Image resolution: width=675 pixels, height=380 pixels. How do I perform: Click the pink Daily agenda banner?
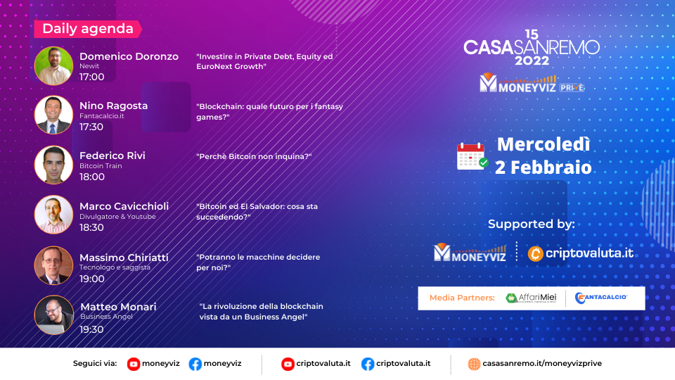click(x=88, y=29)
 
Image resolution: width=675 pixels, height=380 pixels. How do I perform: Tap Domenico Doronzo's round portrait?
click(x=54, y=66)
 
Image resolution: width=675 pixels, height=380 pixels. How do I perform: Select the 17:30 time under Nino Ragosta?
click(x=91, y=127)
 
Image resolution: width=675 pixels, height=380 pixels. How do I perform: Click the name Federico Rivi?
click(x=112, y=156)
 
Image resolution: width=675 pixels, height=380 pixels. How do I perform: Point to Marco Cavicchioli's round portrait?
click(x=54, y=215)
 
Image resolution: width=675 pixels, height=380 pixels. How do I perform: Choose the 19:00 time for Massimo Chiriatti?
click(x=91, y=279)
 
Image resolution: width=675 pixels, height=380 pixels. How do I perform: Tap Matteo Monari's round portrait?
click(x=54, y=315)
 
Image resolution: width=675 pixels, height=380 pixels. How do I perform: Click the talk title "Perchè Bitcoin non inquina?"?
click(x=254, y=156)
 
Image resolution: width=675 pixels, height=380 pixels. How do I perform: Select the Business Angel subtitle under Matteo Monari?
click(x=106, y=317)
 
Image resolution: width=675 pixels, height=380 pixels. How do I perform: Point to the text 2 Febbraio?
click(x=544, y=167)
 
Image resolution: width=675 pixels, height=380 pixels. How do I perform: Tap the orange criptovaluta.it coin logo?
click(x=536, y=254)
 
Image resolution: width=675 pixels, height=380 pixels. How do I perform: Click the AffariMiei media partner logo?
click(x=532, y=298)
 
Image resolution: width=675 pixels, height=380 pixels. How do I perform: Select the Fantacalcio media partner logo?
click(x=601, y=298)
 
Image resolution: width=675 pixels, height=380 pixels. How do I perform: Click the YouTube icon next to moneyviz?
click(x=134, y=364)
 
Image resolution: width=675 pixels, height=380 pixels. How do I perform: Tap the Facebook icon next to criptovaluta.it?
click(x=368, y=364)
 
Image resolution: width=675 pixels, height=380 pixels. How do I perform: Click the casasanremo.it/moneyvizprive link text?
click(x=542, y=364)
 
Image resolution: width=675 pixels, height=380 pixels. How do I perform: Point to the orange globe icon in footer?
click(x=474, y=364)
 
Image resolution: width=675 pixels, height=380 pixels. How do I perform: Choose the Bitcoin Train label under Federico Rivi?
click(x=101, y=166)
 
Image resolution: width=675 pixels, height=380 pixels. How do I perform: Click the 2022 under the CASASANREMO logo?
click(x=532, y=61)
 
